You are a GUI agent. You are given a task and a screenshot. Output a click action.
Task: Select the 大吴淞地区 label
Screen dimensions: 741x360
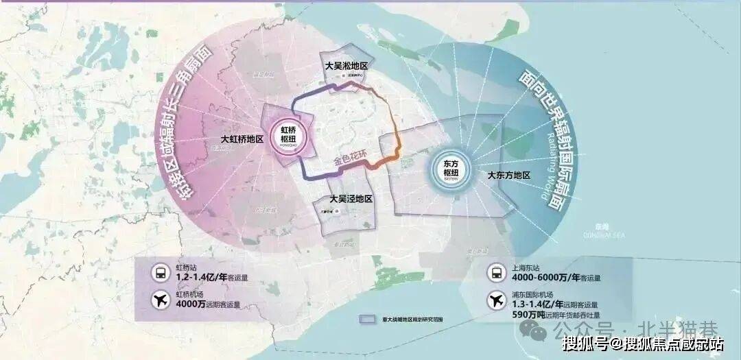[x=346, y=66]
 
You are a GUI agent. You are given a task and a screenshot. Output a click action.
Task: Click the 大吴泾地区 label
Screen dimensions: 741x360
[x=351, y=198]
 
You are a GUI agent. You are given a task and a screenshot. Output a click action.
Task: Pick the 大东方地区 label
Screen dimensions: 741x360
[x=508, y=176]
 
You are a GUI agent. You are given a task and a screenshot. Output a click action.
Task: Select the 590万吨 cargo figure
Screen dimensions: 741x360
[x=528, y=314]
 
